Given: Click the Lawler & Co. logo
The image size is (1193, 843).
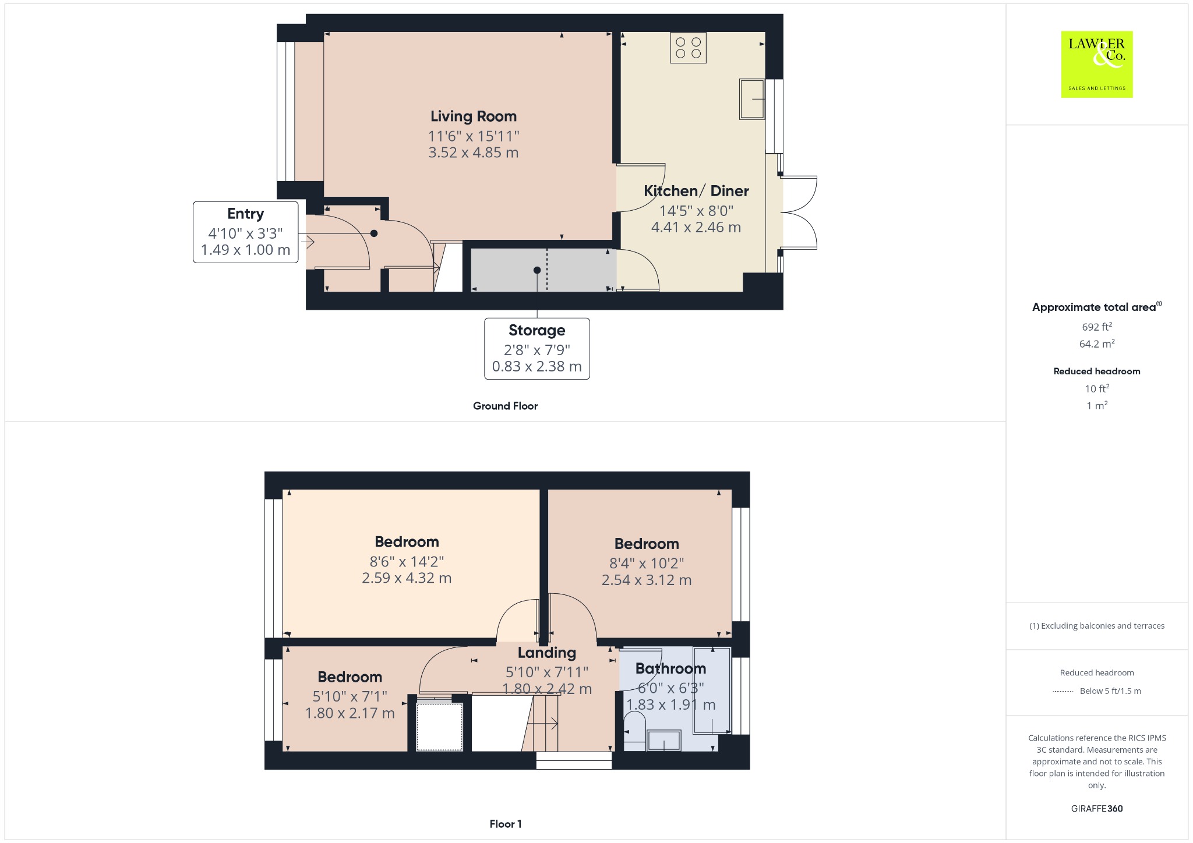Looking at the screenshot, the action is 1097,64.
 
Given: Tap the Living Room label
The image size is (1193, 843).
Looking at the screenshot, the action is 474,116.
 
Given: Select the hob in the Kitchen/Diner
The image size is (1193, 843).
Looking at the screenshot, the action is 688,48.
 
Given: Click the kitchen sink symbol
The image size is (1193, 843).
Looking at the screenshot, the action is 752,99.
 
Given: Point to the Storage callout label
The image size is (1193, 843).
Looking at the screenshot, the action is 537,330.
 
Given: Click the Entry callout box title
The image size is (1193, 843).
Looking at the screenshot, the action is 246,214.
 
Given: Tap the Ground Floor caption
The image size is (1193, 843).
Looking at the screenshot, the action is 505,406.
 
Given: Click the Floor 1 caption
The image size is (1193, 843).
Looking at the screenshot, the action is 506,824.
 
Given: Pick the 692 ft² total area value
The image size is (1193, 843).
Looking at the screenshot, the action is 1097,327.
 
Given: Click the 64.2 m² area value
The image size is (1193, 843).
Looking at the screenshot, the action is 1097,343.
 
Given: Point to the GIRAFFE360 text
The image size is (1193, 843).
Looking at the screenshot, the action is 1097,808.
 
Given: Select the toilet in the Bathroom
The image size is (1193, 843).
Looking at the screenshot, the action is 634,732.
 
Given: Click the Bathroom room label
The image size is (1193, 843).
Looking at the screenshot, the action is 670,668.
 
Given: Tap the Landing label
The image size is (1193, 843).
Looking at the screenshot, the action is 547,653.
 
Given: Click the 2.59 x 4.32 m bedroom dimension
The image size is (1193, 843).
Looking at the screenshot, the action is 407,578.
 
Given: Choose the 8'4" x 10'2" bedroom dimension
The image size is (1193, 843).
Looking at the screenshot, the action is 647,563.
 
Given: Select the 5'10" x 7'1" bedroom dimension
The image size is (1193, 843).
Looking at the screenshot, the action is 350,696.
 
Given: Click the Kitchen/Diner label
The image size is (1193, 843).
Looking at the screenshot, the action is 696,191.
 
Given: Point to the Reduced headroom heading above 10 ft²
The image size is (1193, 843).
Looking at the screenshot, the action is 1097,371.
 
